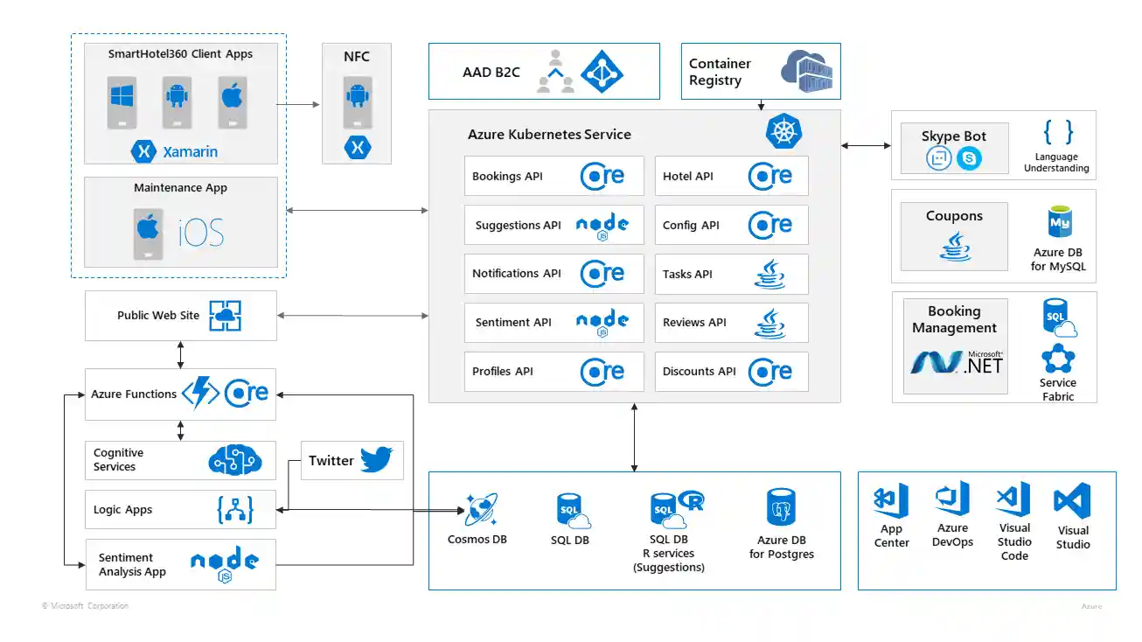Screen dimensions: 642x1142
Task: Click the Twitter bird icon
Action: [x=377, y=459]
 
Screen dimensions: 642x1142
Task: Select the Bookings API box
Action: [x=554, y=176]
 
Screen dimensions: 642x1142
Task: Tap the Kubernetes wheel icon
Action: [x=783, y=131]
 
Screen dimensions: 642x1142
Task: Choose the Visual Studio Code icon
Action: [x=1013, y=499]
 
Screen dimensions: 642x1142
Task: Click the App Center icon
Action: [x=891, y=500]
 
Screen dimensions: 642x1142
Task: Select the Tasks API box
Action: [x=731, y=274]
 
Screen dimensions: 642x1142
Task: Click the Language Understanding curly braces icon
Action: [x=1057, y=132]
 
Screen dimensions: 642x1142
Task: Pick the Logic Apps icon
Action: [x=234, y=510]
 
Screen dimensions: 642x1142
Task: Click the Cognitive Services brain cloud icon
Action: [x=235, y=460]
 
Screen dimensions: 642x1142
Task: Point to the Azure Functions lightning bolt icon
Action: [x=200, y=394]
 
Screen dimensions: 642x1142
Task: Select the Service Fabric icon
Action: [x=1057, y=359]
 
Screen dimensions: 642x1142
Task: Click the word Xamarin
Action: [x=190, y=152]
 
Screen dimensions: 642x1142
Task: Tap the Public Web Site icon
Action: [x=225, y=316]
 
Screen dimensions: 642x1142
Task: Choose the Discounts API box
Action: [x=731, y=372]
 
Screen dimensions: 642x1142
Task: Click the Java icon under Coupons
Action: [x=954, y=247]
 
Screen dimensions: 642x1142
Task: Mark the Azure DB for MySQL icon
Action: [x=1059, y=224]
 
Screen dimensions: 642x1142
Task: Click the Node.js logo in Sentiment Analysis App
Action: [x=224, y=564]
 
